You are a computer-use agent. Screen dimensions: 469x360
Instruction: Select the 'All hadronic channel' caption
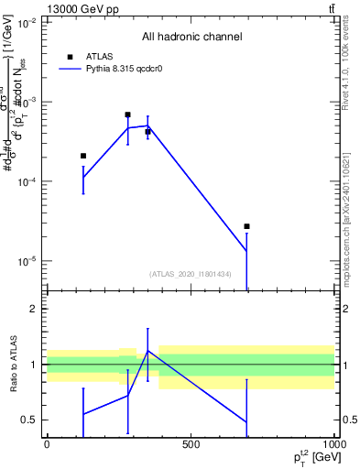coord(191,37)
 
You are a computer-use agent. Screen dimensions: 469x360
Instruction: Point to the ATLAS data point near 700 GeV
coord(246,226)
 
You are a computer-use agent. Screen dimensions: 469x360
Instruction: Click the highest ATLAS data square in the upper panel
coord(127,115)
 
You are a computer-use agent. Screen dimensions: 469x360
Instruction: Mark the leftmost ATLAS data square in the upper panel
coord(83,156)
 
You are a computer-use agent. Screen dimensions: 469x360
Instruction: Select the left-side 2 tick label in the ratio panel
coord(33,309)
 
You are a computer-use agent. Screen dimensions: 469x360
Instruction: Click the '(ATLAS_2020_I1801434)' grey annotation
coord(191,274)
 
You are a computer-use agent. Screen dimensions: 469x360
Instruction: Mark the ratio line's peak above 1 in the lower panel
coord(147,351)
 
